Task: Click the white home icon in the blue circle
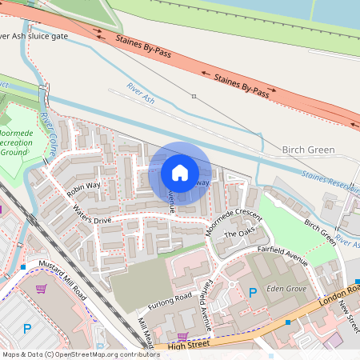180,173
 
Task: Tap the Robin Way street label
84,190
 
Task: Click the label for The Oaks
238,234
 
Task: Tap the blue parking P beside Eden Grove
254,294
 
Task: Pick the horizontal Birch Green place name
308,150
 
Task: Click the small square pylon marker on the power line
194,96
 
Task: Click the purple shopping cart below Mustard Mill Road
183,336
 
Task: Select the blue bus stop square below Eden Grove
288,322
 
